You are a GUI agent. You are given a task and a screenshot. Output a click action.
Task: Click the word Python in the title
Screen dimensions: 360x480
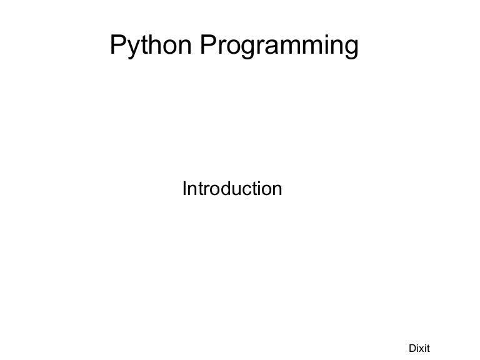click(x=152, y=46)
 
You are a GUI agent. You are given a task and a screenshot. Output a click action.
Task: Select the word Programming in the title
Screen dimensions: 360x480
click(x=279, y=46)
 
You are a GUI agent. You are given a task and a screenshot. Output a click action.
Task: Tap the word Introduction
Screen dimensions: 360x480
click(x=232, y=188)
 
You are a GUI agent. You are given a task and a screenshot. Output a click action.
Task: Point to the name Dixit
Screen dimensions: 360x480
click(x=419, y=348)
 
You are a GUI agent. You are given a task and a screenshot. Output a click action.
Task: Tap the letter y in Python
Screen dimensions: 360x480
click(x=132, y=48)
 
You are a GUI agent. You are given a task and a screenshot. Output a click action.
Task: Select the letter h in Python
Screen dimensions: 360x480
click(x=153, y=45)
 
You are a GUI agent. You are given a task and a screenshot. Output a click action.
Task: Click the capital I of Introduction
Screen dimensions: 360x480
click(x=184, y=188)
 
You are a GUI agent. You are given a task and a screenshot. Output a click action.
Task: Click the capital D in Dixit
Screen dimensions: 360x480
click(x=412, y=348)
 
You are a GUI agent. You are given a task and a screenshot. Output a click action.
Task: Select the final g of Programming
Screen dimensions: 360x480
click(x=351, y=49)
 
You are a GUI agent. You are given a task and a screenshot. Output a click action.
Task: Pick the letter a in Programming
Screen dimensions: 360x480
click(x=272, y=47)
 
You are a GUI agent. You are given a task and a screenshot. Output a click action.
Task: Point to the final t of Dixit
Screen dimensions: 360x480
click(x=428, y=348)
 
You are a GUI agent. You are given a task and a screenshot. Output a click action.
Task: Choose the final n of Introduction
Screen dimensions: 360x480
click(x=277, y=189)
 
